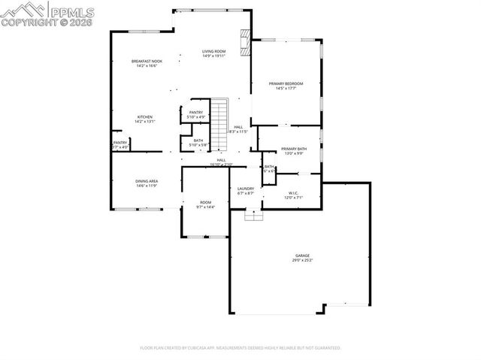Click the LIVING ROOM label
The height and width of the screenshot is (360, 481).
(213, 51)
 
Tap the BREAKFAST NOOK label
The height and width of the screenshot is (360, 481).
(145, 61)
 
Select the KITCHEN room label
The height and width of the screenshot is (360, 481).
(145, 116)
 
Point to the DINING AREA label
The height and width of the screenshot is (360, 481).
(146, 181)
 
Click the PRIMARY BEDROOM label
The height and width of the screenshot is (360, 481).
(286, 83)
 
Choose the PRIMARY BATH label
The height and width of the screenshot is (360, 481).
(294, 149)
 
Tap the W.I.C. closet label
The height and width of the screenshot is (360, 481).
(293, 192)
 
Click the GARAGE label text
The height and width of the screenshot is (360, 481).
(301, 256)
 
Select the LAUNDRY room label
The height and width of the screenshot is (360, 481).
(246, 189)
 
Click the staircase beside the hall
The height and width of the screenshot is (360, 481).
(218, 125)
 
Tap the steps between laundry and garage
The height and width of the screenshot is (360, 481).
(255, 215)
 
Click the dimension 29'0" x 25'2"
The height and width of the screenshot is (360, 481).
(301, 261)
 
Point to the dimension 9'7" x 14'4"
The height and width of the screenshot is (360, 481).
(205, 207)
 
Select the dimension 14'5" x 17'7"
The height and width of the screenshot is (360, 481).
(286, 89)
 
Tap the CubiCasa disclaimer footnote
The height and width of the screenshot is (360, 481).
(240, 348)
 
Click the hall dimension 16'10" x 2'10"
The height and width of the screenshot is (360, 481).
(222, 165)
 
